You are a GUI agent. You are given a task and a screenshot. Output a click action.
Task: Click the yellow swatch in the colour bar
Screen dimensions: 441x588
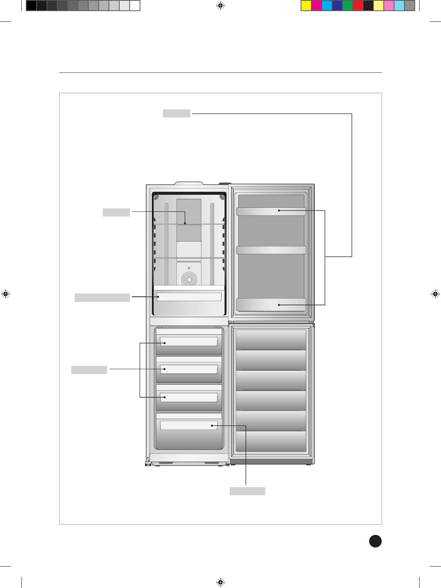[306, 6]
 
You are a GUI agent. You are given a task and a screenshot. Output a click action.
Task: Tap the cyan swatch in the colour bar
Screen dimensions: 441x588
[327, 6]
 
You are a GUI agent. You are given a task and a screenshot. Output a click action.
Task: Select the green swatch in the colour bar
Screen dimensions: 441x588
[347, 6]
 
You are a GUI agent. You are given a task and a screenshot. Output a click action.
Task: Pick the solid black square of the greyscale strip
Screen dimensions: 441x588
[31, 6]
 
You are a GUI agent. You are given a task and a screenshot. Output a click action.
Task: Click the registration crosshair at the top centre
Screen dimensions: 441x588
[220, 6]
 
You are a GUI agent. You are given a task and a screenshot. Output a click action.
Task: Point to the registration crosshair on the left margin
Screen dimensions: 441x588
[6, 294]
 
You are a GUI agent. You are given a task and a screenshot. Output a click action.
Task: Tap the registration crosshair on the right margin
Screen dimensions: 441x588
[435, 294]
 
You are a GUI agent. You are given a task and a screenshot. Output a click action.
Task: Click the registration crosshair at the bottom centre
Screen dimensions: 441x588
[220, 582]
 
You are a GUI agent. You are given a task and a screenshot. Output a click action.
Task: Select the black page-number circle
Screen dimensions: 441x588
[375, 541]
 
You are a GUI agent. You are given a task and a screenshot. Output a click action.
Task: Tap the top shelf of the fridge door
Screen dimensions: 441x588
[271, 211]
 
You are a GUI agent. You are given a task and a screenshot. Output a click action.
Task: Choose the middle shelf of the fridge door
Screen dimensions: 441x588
[271, 250]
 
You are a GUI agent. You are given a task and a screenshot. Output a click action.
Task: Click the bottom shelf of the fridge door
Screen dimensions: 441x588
[271, 305]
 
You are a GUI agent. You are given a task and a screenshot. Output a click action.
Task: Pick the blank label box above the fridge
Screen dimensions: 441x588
[177, 113]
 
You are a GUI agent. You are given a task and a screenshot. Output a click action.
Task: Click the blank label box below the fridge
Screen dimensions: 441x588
[247, 491]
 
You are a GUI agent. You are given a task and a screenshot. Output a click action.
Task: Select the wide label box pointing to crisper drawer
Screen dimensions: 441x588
[102, 298]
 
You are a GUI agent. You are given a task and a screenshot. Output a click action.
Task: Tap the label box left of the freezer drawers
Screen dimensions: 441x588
[89, 370]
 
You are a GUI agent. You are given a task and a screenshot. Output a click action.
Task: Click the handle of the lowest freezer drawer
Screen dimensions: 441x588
[189, 425]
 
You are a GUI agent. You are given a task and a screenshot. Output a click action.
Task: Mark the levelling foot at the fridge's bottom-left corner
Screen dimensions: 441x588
[148, 463]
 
